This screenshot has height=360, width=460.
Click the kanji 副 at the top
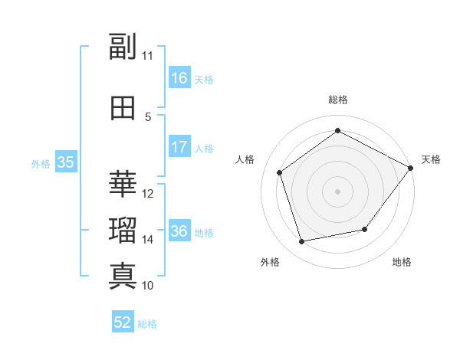pos(123,46)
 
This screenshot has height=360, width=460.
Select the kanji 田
pos(123,108)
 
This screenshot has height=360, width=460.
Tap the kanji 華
pos(123,184)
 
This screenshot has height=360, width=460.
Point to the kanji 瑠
pos(123,230)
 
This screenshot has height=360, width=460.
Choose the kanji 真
pos(123,277)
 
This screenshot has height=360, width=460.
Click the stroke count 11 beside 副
pos(147,56)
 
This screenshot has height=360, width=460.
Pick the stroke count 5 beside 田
pos(148,117)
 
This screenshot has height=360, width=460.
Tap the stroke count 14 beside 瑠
pos(147,240)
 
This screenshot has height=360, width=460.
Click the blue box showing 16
pos(180,77)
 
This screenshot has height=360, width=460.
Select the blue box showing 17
pos(180,146)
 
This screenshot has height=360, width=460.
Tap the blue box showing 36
pos(180,230)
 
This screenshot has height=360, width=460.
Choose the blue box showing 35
pos(66,162)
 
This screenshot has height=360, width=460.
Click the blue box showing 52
pos(123,321)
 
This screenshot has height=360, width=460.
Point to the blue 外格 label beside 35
pos(41,164)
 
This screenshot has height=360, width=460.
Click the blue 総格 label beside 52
pos(147,324)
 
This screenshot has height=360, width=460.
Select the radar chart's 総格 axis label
pos(338,100)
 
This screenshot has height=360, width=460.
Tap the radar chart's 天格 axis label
pos(431,159)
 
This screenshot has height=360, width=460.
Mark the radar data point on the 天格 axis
pos(411,168)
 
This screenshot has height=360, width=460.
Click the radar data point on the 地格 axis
pos(365,229)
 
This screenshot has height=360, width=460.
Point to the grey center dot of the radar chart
pos(337,191)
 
